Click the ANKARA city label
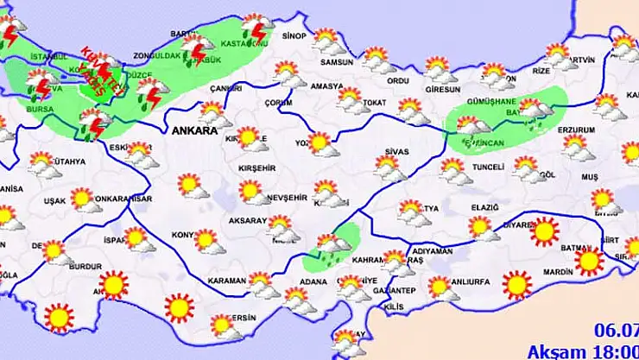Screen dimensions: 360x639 [193, 131]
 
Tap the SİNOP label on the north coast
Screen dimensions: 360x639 [294, 35]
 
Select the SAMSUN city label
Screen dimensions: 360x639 [337, 62]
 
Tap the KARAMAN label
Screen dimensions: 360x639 [227, 281]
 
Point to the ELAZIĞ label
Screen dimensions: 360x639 [485, 208]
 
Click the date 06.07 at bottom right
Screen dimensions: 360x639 [617, 330]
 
